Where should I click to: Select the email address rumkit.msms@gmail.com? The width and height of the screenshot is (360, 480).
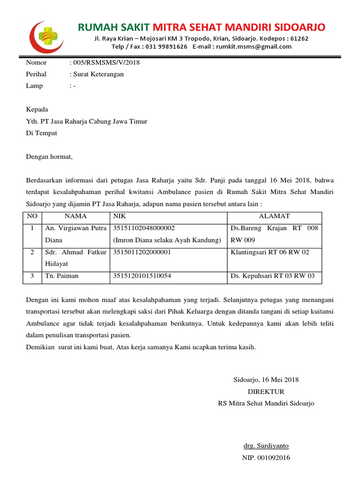point(257,46)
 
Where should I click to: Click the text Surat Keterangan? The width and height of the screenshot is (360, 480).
point(98,74)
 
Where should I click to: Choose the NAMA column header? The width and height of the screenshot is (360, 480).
point(75,216)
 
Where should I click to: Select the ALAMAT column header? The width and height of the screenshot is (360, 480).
point(274,216)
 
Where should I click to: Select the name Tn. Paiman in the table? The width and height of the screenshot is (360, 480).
point(62,276)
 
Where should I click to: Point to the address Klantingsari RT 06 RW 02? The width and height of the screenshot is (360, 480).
point(270,252)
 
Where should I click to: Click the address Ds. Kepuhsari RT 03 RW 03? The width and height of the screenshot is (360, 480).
point(273,276)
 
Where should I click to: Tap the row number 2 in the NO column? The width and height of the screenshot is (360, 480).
point(32,252)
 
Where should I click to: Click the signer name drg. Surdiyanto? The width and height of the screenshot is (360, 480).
point(266,446)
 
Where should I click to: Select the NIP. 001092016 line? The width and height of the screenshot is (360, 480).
point(266,457)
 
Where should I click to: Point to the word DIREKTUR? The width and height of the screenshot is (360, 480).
point(266,391)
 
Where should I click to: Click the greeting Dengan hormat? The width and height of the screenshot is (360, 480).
point(49,157)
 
